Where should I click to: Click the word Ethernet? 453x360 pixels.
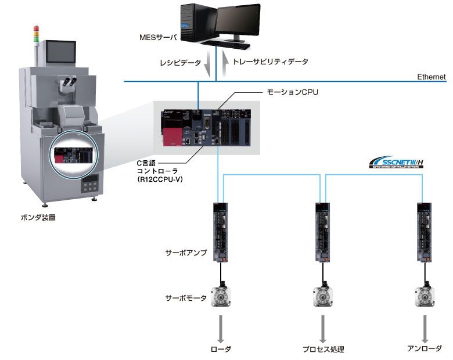[432, 77]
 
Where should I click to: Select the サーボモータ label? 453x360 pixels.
[186, 298]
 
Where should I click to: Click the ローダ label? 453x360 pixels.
[221, 349]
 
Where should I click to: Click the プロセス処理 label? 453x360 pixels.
[323, 349]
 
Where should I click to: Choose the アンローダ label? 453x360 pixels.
[426, 349]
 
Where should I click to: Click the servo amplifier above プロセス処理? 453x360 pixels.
[323, 232]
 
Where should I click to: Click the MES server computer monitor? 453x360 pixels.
[238, 23]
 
